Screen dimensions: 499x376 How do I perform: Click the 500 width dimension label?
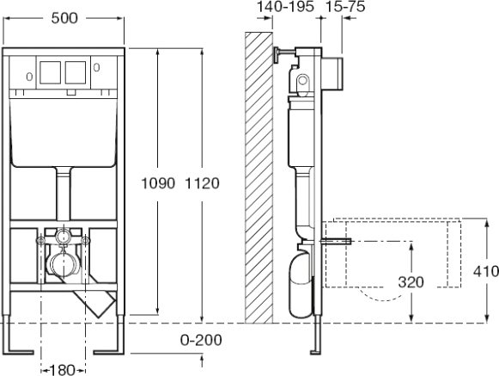pos(64,18)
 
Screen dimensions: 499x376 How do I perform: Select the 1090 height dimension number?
pos(158,183)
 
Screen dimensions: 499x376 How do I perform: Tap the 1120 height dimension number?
pos(202,183)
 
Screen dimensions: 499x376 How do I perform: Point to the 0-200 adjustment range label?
pos(201,340)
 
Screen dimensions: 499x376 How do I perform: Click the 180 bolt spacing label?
pos(62,370)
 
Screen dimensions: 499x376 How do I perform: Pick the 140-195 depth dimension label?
pos(285,6)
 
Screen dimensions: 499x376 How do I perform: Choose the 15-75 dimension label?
pos(345,6)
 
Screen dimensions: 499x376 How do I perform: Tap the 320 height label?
pos(411,282)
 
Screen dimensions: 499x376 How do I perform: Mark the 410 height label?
pos(486,271)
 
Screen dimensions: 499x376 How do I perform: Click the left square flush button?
pos(51,72)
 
